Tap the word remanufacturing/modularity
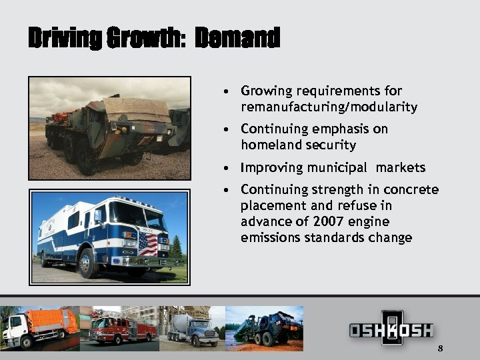coord(329,107)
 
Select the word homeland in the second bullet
coord(270,145)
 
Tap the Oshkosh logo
coord(391,329)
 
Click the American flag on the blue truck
coord(147,243)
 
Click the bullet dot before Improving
coord(228,168)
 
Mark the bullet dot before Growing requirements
coord(228,91)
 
